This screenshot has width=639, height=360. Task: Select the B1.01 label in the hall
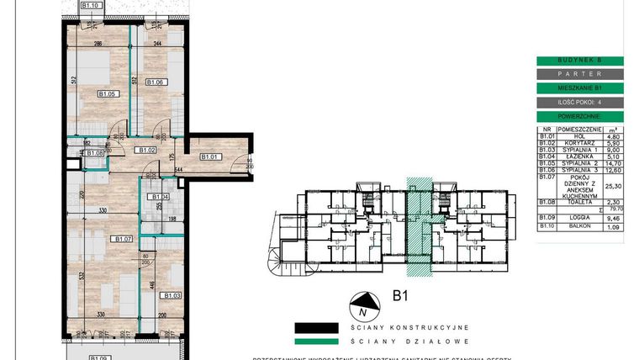click(x=209, y=156)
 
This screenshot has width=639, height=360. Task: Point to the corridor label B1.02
click(x=148, y=150)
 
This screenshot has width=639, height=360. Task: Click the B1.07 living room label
click(x=124, y=238)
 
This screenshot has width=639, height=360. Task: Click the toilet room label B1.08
click(x=94, y=153)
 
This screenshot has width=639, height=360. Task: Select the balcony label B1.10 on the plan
click(x=92, y=5)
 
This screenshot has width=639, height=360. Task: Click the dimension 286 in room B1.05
click(x=98, y=42)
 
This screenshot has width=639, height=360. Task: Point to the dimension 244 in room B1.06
click(x=157, y=42)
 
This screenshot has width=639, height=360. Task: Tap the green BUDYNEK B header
click(x=580, y=61)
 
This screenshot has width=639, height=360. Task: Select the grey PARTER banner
click(x=580, y=74)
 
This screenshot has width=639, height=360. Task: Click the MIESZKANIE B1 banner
click(x=580, y=87)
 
